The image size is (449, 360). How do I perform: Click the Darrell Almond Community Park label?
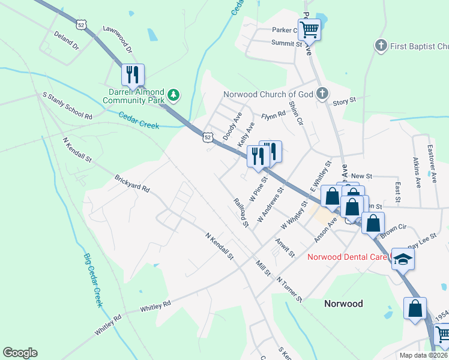(136, 96)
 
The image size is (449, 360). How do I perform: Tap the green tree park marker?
(173, 94)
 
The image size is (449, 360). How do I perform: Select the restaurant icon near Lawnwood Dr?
(133, 74)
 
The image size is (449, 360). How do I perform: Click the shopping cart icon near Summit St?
(310, 28)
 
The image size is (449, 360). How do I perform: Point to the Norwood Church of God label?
(268, 94)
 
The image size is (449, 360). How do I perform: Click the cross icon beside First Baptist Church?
(380, 46)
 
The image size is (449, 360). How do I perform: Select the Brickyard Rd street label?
(132, 183)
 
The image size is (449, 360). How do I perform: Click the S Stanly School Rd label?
(67, 106)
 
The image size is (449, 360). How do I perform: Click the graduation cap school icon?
(403, 259)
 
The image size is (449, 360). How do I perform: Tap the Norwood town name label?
(343, 304)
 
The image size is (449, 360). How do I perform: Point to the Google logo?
(20, 353)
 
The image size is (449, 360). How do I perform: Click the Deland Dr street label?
(66, 40)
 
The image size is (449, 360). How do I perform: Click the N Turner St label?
(290, 289)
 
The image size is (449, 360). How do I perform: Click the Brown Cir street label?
(394, 229)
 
